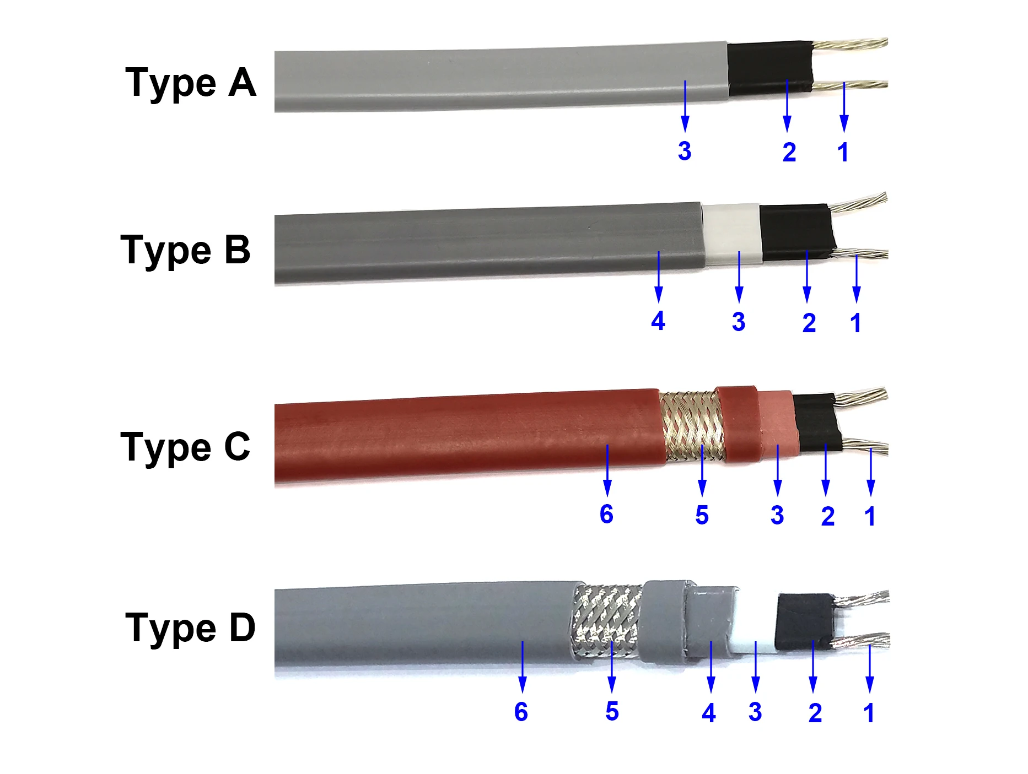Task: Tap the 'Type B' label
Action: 186,251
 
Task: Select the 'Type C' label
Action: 186,447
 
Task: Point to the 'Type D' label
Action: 191,629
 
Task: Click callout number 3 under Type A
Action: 685,151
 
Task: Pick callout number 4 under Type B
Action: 658,321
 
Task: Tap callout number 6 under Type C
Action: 606,515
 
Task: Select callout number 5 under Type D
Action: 612,712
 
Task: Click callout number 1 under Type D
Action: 869,713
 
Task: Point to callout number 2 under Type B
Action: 809,323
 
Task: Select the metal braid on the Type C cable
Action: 692,425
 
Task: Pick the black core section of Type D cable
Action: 802,620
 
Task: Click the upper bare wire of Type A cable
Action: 852,44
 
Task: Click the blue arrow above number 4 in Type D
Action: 711,667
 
